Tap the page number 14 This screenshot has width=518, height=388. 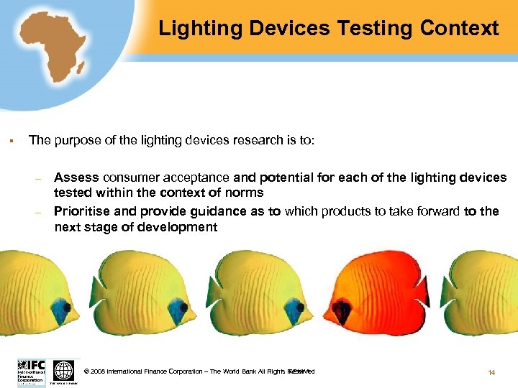tap(491, 372)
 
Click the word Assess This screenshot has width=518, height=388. tap(76, 177)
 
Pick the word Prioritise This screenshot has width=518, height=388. tap(83, 211)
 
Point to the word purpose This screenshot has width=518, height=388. tap(79, 140)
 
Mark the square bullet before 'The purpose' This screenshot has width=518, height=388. tap(13, 140)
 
